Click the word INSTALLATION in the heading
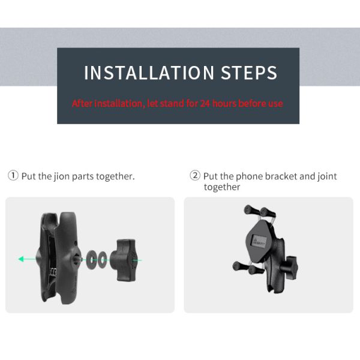[x=149, y=73]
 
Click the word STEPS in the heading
[x=249, y=73]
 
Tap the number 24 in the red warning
[x=205, y=104]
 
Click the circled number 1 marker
[x=13, y=176]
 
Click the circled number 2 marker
[x=195, y=176]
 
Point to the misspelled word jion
[x=62, y=176]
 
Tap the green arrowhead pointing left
[x=21, y=259]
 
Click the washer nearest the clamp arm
[x=91, y=260]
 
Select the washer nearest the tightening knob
[x=102, y=260]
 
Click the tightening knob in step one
[x=124, y=260]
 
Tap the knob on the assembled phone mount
[x=289, y=267]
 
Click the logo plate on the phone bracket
[x=259, y=242]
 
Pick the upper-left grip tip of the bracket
[x=248, y=209]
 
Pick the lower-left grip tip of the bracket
[x=238, y=266]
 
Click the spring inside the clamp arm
[x=53, y=272]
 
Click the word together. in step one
[x=115, y=176]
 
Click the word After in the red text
[x=82, y=104]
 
